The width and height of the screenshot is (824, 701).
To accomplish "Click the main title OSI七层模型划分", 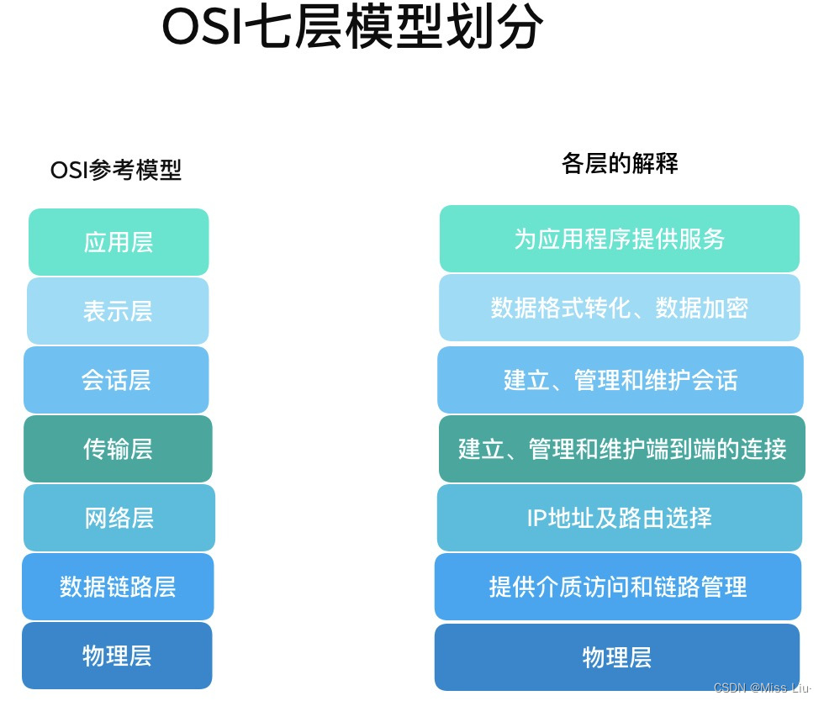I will point(352,29).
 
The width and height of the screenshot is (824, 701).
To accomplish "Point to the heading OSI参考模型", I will point(116,171).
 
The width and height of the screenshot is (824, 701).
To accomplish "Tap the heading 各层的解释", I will point(620,163).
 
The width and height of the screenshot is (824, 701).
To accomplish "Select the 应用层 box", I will point(119,242).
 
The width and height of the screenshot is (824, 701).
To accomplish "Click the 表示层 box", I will point(118,311).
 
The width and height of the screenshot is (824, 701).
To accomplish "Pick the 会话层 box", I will point(116,380).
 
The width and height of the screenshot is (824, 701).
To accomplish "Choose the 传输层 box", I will point(118,449).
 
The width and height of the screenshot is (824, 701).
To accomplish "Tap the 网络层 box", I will point(119,518).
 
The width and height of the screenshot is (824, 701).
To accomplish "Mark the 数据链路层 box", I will point(118,587).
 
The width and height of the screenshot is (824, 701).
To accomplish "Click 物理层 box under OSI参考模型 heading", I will point(117,656).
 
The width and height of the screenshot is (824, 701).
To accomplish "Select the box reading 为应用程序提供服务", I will point(620,239).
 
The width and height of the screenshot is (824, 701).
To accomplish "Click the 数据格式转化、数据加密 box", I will point(620,308).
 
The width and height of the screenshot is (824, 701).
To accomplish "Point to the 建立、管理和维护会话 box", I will point(620,380).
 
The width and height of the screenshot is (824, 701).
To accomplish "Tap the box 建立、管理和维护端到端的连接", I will point(621,449).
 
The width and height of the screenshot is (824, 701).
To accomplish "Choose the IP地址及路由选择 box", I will point(620,518).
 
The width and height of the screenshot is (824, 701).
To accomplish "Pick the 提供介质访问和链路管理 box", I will point(618,587).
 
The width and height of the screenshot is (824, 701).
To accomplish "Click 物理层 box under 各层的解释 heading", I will point(617,657).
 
